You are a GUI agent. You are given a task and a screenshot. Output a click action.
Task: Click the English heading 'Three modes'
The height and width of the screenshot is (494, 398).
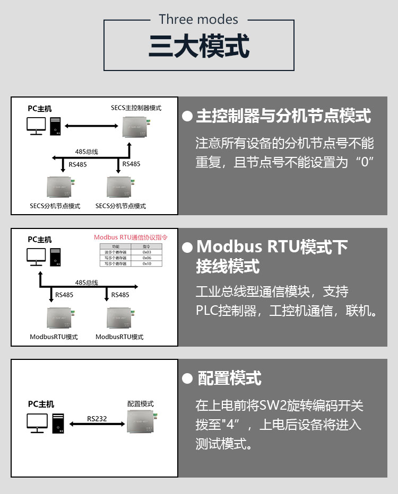point(198,20)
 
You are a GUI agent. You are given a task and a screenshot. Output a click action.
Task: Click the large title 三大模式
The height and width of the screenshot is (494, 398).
point(198,47)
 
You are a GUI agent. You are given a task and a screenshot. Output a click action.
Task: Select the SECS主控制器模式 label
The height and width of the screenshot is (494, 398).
point(136,108)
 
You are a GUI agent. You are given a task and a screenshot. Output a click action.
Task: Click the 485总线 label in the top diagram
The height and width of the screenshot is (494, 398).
point(86,152)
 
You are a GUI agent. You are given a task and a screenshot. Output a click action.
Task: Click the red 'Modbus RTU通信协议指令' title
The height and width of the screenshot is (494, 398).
point(131,237)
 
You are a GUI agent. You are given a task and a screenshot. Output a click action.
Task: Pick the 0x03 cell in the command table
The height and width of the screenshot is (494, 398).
point(147,252)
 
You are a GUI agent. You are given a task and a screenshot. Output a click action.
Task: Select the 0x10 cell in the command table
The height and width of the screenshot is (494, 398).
point(147,263)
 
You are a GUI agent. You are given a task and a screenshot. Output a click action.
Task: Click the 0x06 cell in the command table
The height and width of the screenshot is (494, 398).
point(147,258)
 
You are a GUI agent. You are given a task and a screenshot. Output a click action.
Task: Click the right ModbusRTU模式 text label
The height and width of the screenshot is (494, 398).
point(119,337)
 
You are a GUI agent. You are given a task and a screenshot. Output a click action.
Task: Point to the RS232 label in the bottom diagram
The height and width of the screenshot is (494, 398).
point(97,419)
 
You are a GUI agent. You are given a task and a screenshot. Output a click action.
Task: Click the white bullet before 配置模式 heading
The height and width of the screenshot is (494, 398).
point(186,378)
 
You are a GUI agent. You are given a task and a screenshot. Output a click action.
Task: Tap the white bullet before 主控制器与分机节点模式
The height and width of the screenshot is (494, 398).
point(187,116)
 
